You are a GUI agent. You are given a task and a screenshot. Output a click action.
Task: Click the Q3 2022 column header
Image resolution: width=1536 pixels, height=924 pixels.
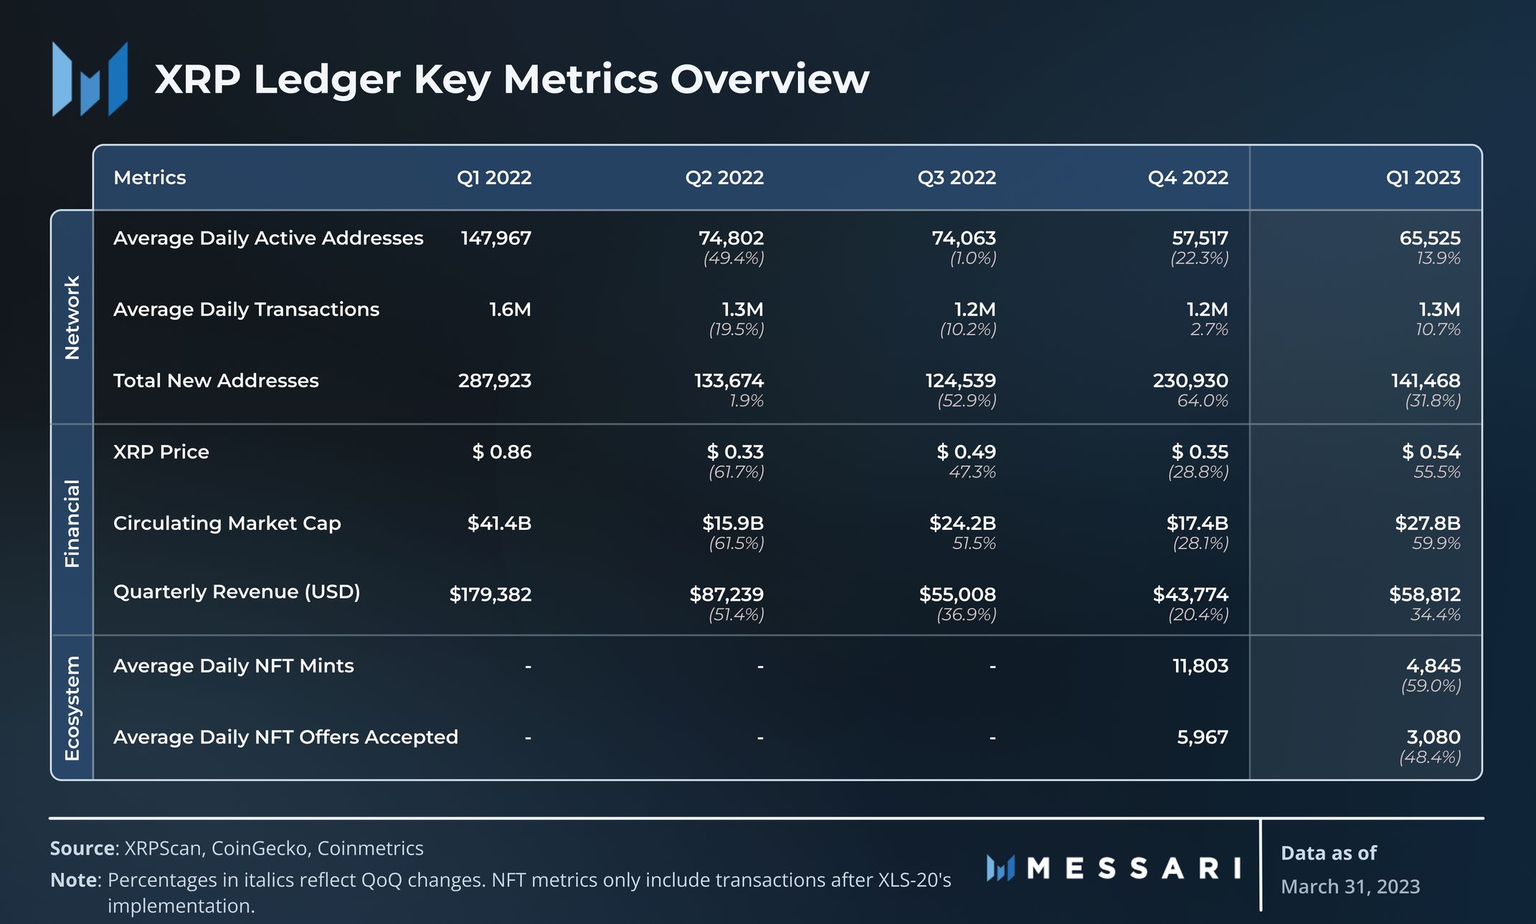(957, 177)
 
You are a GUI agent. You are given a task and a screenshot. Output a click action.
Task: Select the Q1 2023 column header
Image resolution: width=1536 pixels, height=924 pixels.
(1423, 177)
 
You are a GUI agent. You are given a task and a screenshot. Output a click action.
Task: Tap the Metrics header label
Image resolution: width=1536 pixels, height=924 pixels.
(149, 177)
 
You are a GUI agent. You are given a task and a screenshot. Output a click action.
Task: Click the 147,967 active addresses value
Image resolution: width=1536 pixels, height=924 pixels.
(496, 238)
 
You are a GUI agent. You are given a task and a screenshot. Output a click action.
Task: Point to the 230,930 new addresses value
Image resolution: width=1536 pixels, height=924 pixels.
(1190, 381)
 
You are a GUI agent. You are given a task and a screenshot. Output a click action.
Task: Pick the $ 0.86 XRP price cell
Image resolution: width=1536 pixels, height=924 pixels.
(501, 452)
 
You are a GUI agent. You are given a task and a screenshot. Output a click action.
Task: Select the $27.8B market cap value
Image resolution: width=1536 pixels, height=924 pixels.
(1427, 523)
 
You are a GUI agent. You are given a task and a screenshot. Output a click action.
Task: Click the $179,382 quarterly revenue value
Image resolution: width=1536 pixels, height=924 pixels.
(490, 594)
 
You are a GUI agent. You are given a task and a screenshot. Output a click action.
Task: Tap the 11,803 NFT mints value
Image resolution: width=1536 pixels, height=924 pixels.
(1200, 666)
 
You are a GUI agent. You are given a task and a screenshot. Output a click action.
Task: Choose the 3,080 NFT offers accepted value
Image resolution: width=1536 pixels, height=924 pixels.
(1433, 737)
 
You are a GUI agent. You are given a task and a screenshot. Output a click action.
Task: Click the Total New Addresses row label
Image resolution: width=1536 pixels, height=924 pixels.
(216, 381)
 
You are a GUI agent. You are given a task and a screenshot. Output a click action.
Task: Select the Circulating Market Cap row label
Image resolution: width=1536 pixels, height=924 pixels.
(227, 523)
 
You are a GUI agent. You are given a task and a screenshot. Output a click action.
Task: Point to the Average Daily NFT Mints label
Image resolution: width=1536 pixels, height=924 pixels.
(233, 666)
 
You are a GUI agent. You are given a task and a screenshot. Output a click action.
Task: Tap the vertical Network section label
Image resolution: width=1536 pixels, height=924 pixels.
(72, 317)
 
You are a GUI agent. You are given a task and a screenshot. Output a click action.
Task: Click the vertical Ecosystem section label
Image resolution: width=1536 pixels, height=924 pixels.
(72, 708)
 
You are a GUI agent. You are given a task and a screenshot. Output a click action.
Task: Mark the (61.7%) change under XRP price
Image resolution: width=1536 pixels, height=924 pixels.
(736, 472)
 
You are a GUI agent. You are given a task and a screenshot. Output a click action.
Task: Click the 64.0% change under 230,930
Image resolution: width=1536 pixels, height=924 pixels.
(1202, 401)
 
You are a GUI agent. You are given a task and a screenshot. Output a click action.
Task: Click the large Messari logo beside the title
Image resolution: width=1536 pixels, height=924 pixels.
(90, 79)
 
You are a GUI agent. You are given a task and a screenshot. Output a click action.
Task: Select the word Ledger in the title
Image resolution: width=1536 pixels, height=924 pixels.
(326, 80)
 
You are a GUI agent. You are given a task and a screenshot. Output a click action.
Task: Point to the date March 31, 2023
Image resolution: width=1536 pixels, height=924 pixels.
(1350, 887)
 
